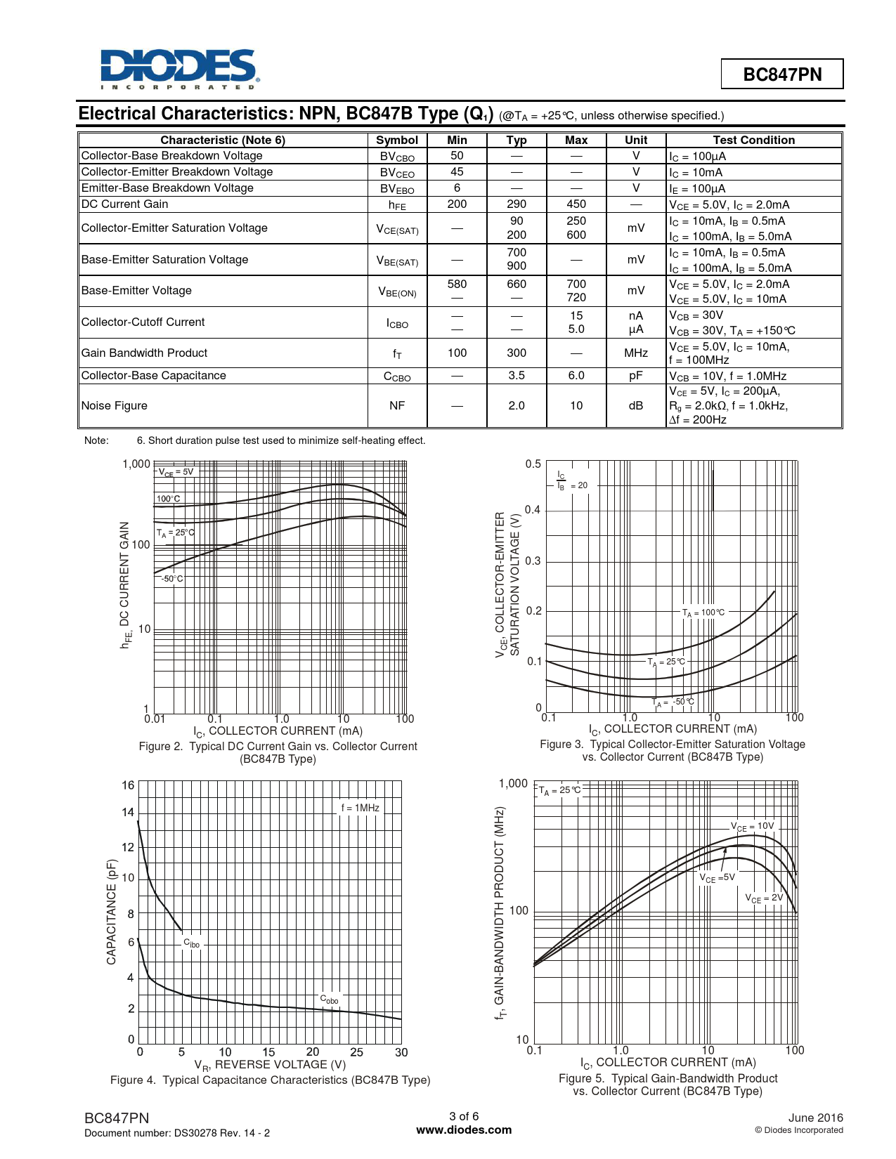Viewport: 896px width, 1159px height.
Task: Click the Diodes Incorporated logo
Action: pos(179,69)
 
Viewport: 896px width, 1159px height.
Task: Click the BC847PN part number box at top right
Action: pos(782,74)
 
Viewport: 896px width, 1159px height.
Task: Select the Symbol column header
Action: pos(397,140)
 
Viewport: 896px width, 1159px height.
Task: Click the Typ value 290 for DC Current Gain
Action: pos(517,204)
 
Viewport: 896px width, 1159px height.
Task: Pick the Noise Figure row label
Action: pos(115,405)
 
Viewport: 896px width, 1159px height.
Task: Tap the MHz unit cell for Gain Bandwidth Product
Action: pos(636,353)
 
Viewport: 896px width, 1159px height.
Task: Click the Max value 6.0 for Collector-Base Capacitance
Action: pos(576,376)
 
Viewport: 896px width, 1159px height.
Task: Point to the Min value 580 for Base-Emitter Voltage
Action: pos(457,284)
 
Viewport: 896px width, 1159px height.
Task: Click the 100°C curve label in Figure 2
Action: pos(169,499)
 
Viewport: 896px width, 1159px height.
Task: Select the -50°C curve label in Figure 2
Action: pos(172,579)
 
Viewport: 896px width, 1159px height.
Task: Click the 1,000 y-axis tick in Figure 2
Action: pos(136,464)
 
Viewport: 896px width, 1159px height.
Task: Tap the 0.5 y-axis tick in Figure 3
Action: pos(533,464)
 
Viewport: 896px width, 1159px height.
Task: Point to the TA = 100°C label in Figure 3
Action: pos(703,613)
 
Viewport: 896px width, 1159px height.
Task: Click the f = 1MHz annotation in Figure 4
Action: pos(361,808)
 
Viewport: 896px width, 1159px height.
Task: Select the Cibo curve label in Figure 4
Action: pos(192,943)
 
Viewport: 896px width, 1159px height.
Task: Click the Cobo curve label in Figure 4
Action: pos(330,999)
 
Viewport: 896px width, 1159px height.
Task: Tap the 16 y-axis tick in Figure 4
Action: pos(128,785)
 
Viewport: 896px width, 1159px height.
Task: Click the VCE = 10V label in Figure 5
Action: pos(752,827)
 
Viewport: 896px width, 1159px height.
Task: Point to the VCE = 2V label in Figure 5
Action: pos(764,898)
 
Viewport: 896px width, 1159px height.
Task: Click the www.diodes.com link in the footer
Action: pos(464,1130)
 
